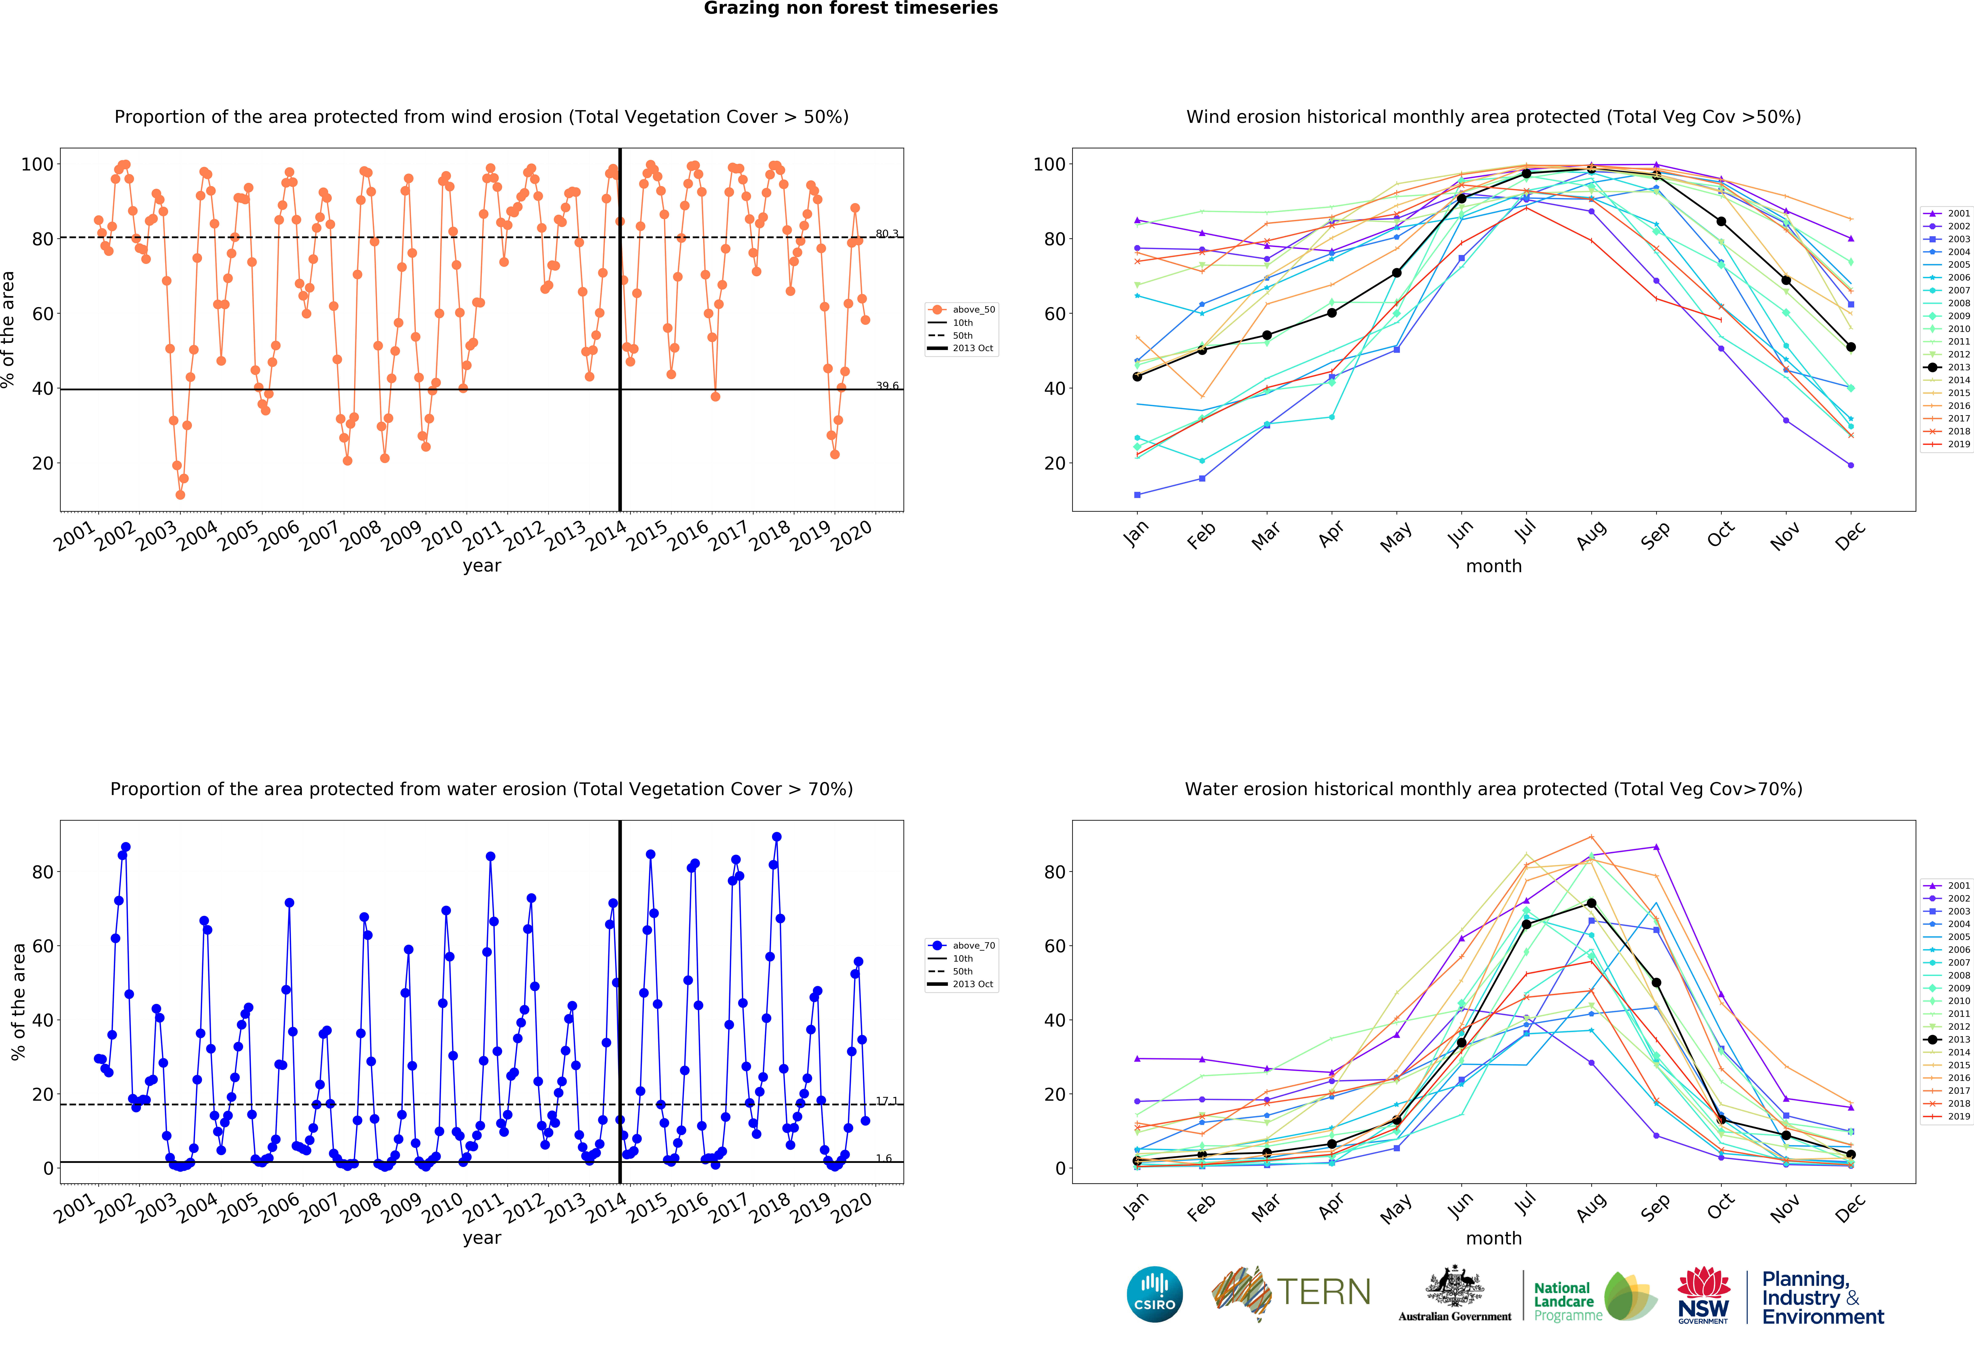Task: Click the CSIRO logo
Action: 1154,1294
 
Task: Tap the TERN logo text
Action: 1323,1292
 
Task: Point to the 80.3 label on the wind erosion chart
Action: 887,234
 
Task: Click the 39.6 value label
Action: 887,386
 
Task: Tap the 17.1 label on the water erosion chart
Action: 887,1100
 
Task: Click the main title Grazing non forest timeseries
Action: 850,8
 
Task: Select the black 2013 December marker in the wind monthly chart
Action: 1851,347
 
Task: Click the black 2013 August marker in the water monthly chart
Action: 1591,903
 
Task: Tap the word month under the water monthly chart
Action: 1493,1238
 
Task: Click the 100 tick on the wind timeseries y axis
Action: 36,164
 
